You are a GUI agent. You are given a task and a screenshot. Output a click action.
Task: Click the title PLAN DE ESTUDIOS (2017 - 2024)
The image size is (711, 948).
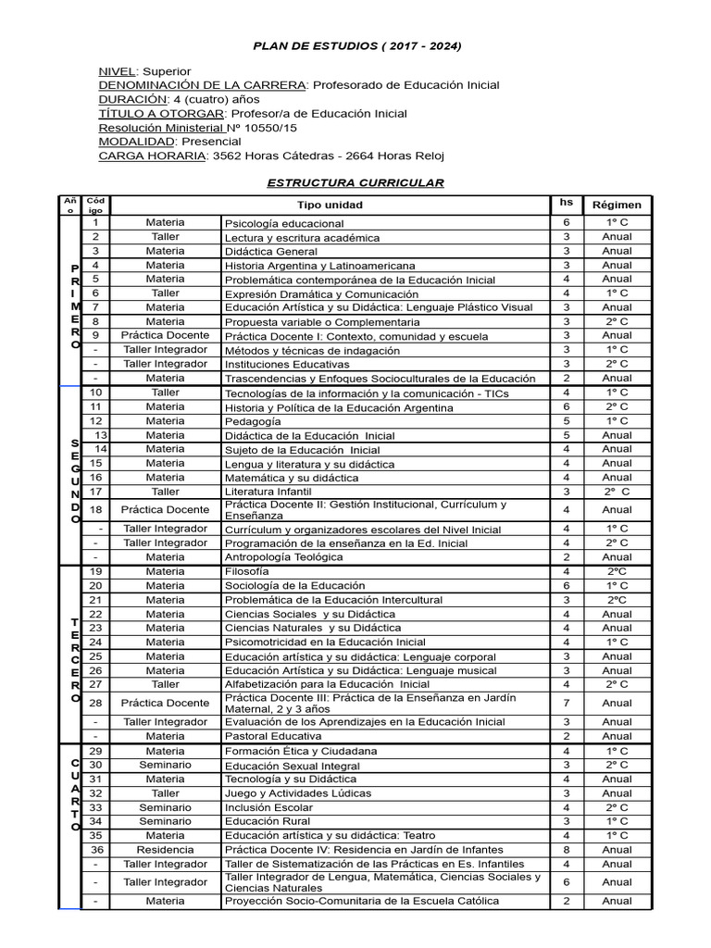click(x=357, y=46)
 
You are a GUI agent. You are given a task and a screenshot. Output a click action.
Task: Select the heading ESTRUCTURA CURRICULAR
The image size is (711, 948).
click(x=355, y=182)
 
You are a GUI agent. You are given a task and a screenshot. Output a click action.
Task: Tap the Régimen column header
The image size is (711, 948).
click(x=617, y=205)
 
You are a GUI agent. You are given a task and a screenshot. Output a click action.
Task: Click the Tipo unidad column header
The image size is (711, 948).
click(x=330, y=205)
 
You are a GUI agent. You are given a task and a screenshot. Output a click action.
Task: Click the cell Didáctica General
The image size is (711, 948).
click(x=270, y=251)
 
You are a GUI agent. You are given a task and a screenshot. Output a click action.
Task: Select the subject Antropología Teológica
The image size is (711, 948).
click(x=283, y=557)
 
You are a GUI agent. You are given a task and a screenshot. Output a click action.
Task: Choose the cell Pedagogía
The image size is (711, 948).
click(x=252, y=421)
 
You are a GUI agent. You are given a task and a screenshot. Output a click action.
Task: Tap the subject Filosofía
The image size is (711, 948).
click(x=247, y=572)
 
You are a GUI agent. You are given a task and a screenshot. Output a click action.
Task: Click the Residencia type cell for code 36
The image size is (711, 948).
click(x=165, y=850)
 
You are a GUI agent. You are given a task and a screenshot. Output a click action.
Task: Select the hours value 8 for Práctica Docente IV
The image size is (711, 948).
click(x=566, y=850)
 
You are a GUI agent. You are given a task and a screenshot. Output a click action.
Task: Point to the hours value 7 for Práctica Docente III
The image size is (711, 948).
click(x=566, y=703)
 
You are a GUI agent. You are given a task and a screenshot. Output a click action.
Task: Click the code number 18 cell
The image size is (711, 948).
click(x=95, y=509)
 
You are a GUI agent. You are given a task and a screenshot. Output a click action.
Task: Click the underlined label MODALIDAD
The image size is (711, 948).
click(x=136, y=142)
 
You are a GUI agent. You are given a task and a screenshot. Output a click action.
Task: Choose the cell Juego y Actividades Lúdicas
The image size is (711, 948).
click(x=297, y=793)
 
